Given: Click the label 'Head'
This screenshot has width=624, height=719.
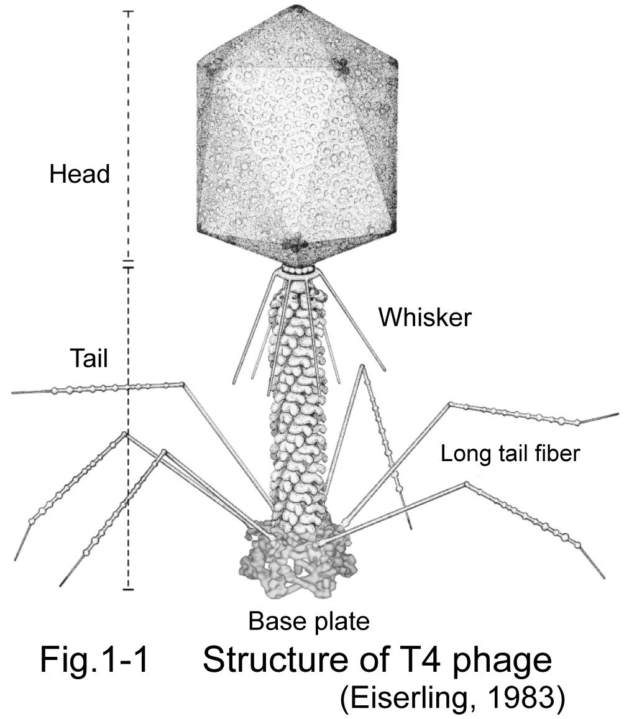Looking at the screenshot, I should (x=79, y=174).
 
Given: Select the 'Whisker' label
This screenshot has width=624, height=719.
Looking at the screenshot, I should (x=425, y=318).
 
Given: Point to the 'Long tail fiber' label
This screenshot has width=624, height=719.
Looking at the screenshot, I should (x=510, y=454).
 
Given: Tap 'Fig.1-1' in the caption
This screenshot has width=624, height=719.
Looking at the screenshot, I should (x=94, y=659).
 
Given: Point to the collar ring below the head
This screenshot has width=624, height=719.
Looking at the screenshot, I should (x=296, y=272).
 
